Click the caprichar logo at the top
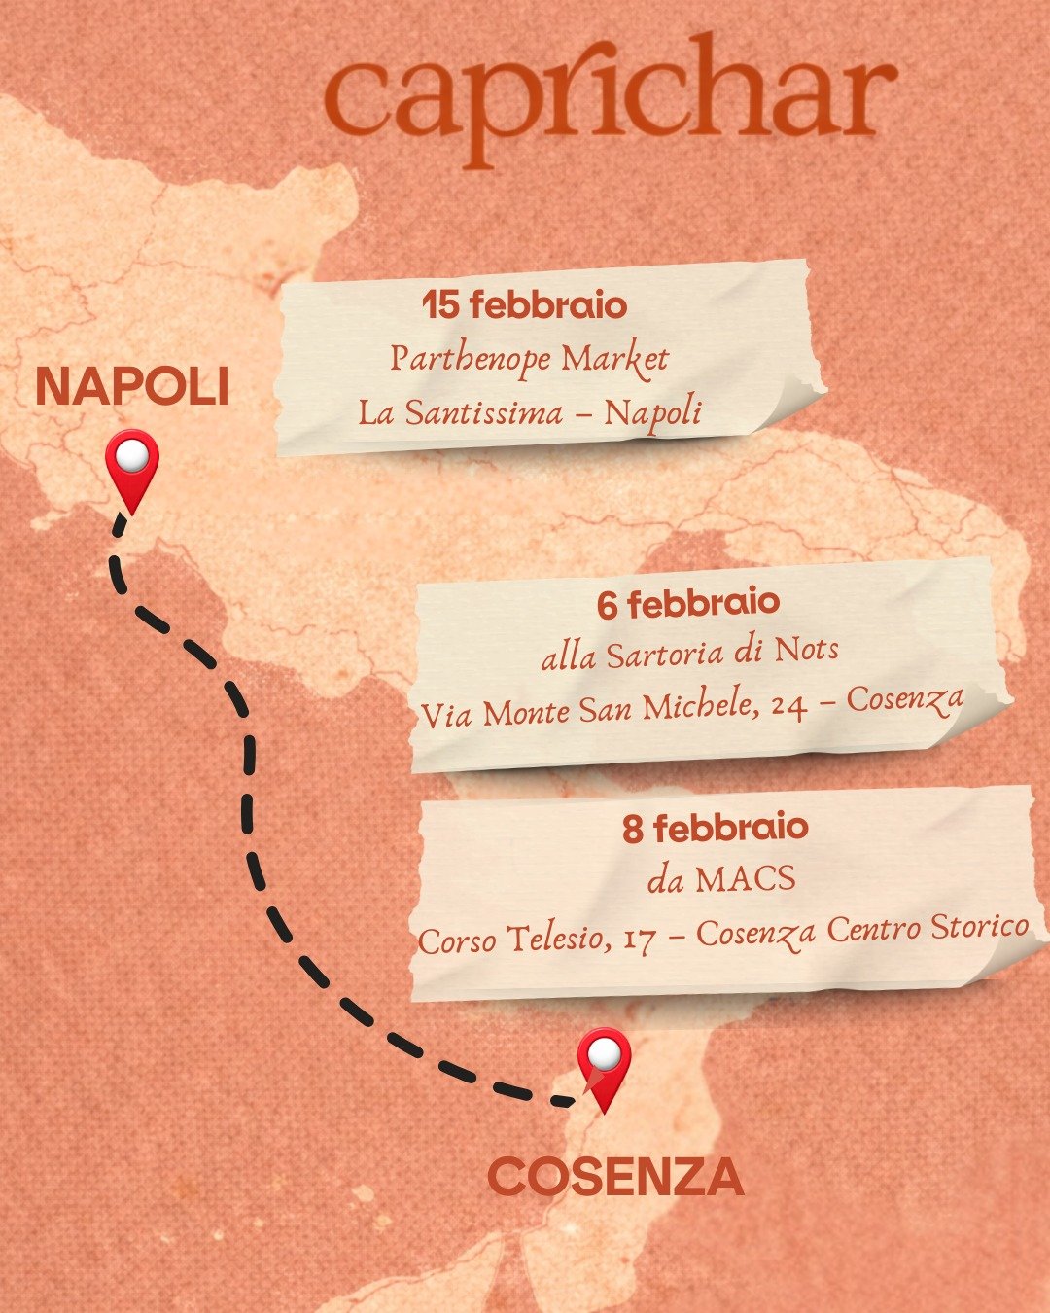click(611, 100)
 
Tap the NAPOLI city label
click(132, 387)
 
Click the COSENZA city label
click(615, 1178)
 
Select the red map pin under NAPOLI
click(132, 468)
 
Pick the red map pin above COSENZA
click(604, 1066)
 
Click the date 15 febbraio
click(525, 305)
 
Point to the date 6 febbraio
click(688, 603)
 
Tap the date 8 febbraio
click(716, 829)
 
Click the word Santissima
click(483, 413)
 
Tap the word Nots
click(806, 649)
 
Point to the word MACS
click(746, 880)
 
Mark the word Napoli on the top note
click(652, 413)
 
